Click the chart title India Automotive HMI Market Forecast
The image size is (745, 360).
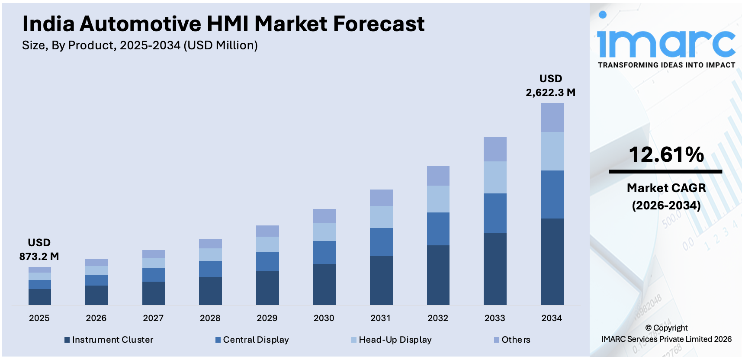[223, 24]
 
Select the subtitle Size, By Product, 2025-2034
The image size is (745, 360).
[140, 45]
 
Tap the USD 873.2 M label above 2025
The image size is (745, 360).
[39, 250]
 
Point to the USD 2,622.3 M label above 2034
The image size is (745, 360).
[550, 86]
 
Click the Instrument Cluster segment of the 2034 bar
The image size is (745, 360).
[552, 261]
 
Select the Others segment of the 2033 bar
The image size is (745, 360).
[495, 149]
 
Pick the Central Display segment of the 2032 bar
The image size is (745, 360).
[438, 229]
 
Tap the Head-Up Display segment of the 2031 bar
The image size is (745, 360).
[381, 217]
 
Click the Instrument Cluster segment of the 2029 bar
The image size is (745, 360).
[267, 288]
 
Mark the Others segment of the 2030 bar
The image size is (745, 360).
[324, 216]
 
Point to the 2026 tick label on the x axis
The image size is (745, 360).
[96, 318]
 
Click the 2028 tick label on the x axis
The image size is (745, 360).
[210, 318]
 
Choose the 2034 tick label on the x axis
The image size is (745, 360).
[552, 318]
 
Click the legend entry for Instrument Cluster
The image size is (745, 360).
[109, 340]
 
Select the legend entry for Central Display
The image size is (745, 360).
[252, 340]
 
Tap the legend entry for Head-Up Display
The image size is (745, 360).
[392, 340]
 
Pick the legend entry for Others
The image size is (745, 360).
[512, 340]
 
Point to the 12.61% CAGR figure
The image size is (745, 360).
[666, 155]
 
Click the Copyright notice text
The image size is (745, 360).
[666, 334]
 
